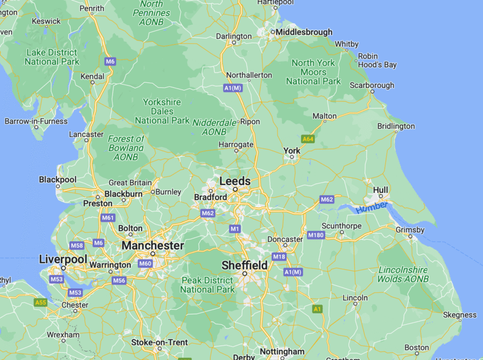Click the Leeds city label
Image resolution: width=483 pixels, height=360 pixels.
coord(235,181)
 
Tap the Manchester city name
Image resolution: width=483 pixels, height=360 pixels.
coord(152,246)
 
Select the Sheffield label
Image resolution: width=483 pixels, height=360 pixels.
coord(244,265)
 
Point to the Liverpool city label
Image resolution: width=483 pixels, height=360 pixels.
coord(63,260)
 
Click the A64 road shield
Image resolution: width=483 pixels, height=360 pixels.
coord(308,139)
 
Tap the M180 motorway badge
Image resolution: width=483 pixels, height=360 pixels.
coord(315,235)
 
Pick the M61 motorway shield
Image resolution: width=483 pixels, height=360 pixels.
coord(108,218)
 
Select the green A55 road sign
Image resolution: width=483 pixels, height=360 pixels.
coord(40,303)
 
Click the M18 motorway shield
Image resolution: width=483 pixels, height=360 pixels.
coord(279,256)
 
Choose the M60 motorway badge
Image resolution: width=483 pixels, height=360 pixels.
coord(145,264)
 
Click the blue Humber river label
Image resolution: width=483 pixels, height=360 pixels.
coord(372,207)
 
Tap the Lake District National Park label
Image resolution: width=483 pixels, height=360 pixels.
coord(52,57)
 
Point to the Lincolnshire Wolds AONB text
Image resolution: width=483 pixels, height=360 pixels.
coord(403,274)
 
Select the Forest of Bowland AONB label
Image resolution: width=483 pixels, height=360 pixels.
coord(126,148)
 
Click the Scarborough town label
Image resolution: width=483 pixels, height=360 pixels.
coord(372,85)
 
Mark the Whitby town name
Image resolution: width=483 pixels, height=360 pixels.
coord(346,44)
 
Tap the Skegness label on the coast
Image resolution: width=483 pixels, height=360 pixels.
coord(460,315)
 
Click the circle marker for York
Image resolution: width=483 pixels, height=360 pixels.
coord(291,157)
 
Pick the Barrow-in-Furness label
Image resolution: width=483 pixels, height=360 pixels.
coord(37,121)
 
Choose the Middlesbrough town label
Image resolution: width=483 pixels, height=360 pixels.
coord(304,33)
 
